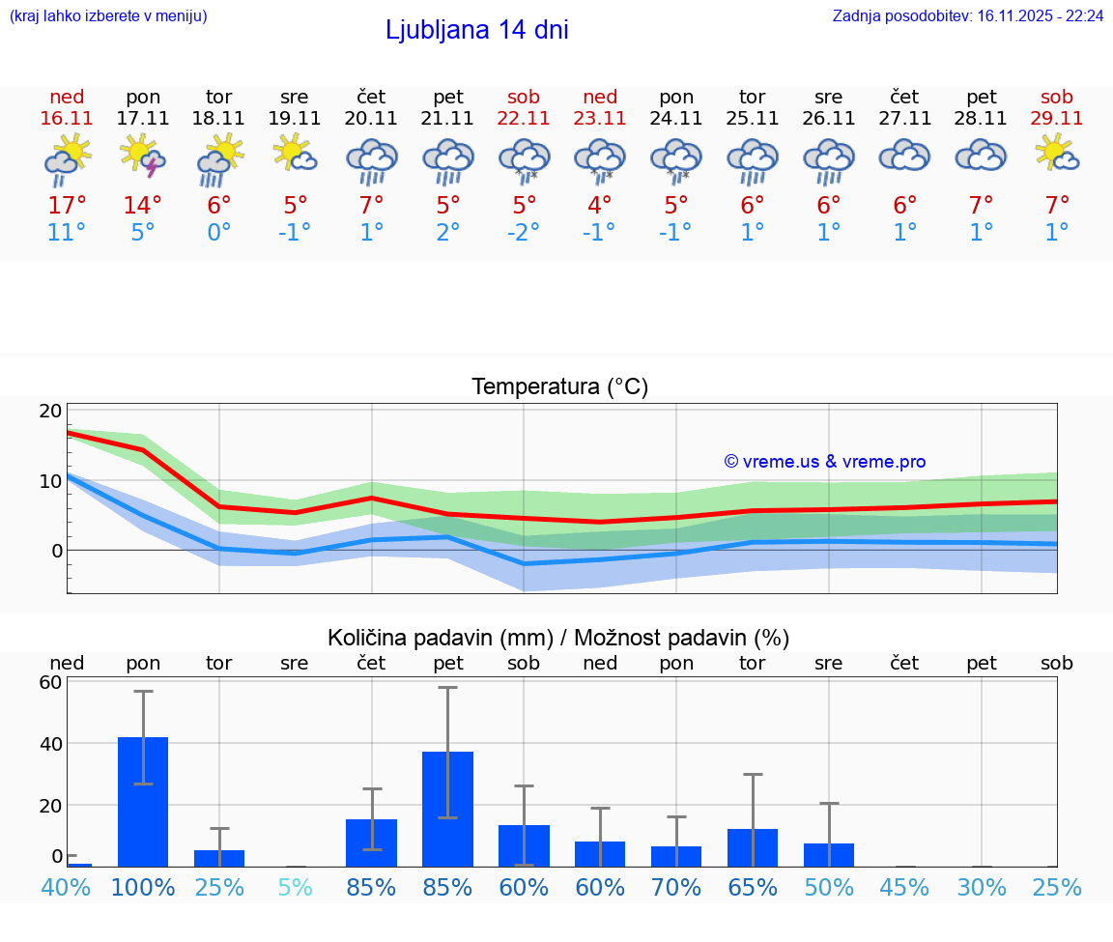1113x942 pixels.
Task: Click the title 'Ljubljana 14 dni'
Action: (476, 30)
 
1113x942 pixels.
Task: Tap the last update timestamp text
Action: (968, 16)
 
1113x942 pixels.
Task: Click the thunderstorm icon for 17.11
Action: (142, 157)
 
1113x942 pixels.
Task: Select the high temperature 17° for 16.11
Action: (67, 206)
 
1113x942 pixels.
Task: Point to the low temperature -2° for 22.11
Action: (524, 233)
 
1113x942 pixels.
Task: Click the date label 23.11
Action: (600, 118)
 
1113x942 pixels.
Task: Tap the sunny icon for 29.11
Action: (1057, 155)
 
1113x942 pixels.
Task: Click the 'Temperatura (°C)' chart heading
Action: (559, 387)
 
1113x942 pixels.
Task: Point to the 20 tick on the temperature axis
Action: (50, 411)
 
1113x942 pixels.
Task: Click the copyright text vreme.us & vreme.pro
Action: (825, 462)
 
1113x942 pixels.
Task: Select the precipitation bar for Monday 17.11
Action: (143, 801)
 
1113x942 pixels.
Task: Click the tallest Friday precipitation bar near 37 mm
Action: (447, 809)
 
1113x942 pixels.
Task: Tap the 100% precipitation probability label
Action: (143, 887)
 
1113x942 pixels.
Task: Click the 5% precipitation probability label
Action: (295, 887)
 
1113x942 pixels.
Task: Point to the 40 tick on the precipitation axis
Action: (50, 744)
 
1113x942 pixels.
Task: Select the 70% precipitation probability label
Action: (676, 887)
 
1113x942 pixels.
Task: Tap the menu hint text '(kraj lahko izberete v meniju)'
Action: (108, 16)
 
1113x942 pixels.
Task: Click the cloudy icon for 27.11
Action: (904, 155)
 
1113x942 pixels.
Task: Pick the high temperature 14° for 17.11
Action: (143, 206)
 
